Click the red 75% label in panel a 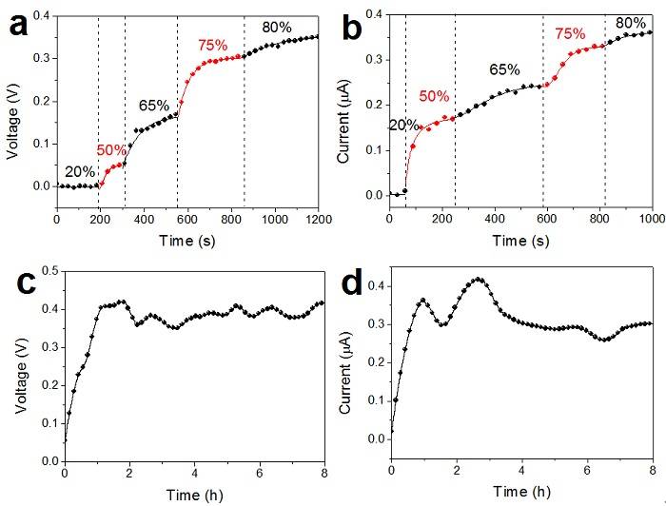215,45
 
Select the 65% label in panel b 504,69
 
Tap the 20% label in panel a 79,171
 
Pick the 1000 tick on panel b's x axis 651,220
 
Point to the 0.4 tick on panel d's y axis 374,285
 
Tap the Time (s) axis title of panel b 520,238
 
